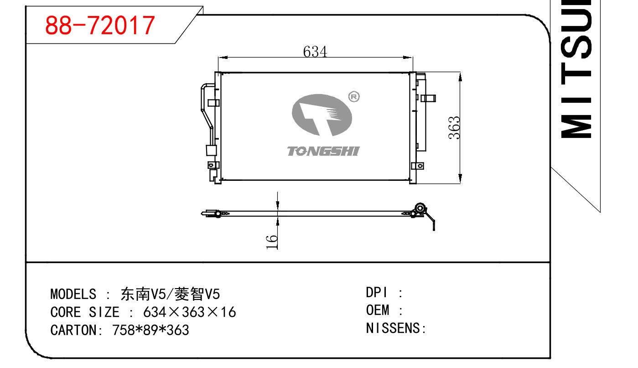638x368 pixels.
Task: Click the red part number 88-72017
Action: [x=100, y=25]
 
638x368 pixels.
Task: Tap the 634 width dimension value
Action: [x=315, y=52]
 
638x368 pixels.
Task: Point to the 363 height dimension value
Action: [x=454, y=128]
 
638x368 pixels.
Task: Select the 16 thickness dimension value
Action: [x=272, y=242]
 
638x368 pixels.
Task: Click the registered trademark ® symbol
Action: [x=354, y=96]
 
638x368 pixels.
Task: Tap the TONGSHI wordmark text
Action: [x=323, y=151]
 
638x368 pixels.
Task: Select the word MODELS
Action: [x=73, y=294]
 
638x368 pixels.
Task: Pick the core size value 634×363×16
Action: [x=189, y=312]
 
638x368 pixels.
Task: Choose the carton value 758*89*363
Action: [x=150, y=330]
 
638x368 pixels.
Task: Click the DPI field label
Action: [x=376, y=293]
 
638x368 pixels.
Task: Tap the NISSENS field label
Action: [x=394, y=328]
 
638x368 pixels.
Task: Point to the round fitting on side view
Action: [x=420, y=208]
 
